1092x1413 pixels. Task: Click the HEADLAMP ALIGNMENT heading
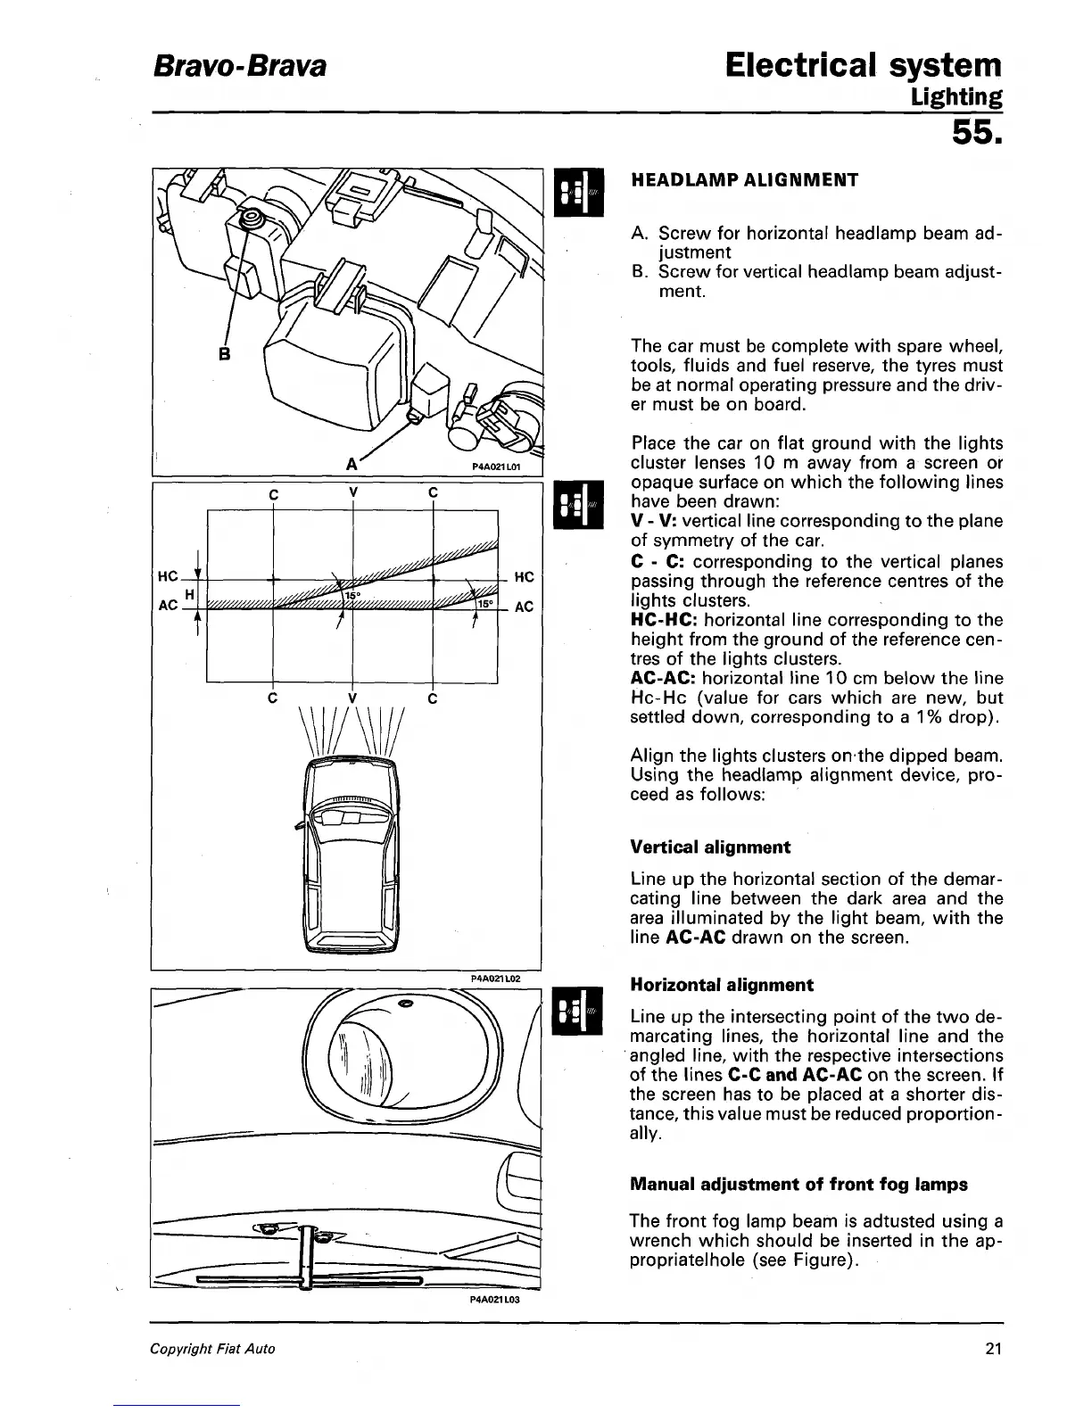coord(744,180)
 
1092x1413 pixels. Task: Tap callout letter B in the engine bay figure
coord(225,353)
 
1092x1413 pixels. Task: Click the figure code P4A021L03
coord(494,1300)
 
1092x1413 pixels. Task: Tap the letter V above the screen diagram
coord(353,492)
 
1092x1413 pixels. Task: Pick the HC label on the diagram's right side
coord(525,577)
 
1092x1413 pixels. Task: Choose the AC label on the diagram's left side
coord(168,606)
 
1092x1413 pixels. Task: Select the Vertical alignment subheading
coord(710,847)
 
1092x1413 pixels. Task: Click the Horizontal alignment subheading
coord(721,985)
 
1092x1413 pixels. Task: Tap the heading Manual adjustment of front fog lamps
coord(798,1185)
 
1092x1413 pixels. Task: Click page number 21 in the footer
coord(994,1349)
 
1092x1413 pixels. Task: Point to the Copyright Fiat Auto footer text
coord(212,1349)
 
